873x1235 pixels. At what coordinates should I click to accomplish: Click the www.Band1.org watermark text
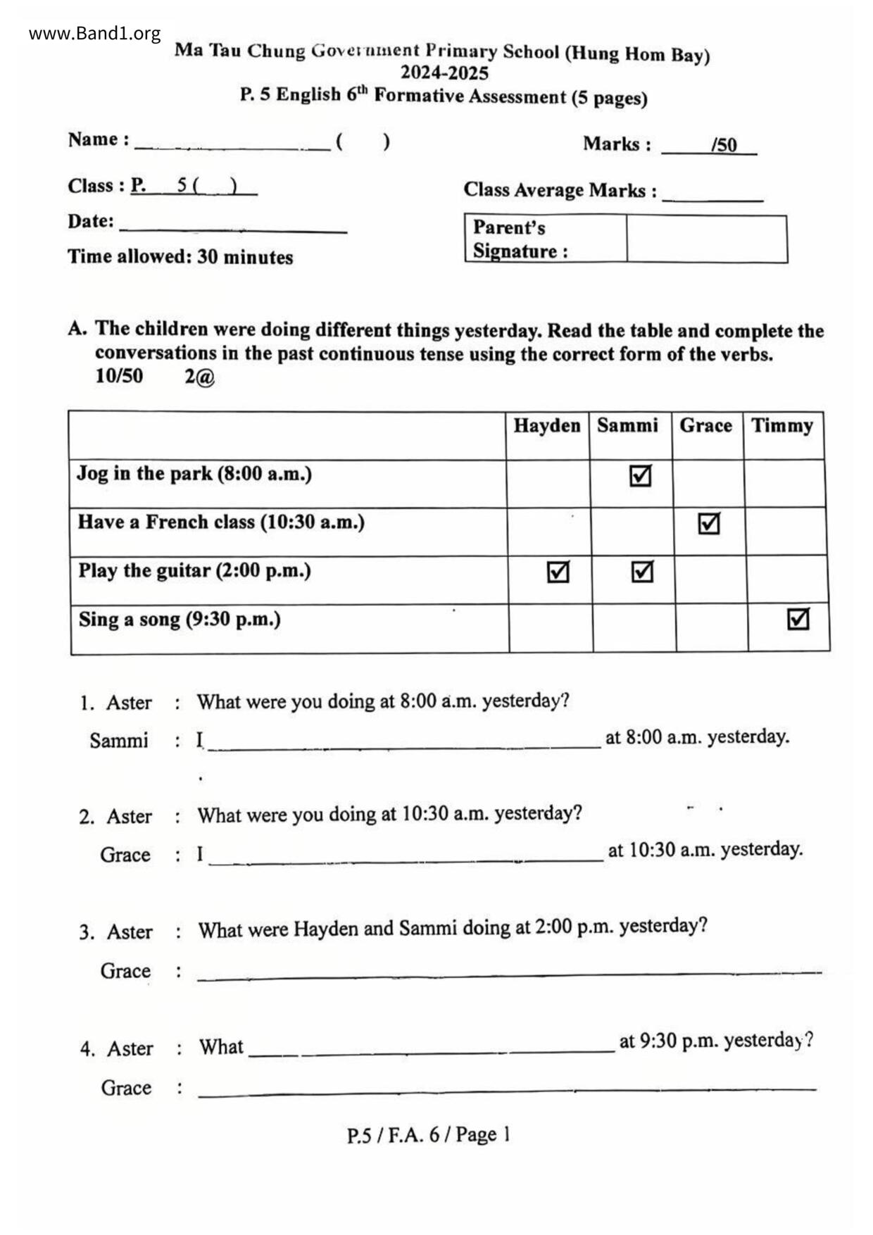(x=94, y=33)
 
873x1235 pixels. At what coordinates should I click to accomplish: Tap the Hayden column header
(x=546, y=425)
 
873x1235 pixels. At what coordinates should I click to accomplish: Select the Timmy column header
(x=781, y=425)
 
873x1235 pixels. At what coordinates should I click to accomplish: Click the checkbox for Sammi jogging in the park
(x=640, y=476)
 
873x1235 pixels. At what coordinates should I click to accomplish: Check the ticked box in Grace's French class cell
(x=708, y=524)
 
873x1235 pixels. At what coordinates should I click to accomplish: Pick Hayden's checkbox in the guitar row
(x=558, y=572)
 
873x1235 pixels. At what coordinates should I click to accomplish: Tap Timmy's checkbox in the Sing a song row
(x=798, y=619)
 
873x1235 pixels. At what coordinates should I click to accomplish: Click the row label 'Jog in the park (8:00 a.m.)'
(x=194, y=473)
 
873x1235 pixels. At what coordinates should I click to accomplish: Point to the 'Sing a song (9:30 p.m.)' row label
(x=179, y=620)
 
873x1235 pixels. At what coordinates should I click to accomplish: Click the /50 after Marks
(x=724, y=145)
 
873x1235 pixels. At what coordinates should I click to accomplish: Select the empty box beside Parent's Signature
(x=706, y=239)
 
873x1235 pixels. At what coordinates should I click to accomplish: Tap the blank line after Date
(x=233, y=225)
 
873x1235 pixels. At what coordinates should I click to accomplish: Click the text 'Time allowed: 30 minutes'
(x=180, y=256)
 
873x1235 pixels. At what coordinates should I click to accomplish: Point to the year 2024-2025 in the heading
(x=444, y=73)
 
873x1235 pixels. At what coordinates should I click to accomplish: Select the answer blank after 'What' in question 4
(x=432, y=1047)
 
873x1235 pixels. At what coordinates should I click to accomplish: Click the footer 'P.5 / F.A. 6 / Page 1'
(x=428, y=1134)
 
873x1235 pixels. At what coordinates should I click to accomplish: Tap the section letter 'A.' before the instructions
(x=77, y=328)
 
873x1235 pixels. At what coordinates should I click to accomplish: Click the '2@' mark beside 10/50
(x=199, y=377)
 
